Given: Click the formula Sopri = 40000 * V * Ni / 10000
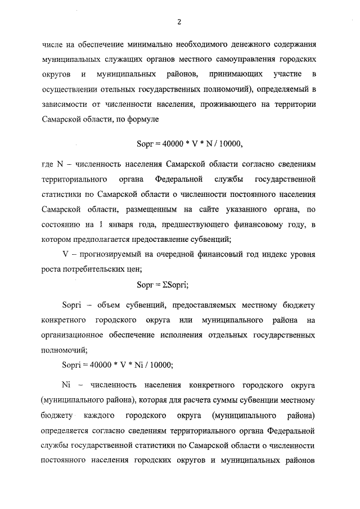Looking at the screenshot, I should point(117,364).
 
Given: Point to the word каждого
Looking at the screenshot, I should point(100,416).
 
